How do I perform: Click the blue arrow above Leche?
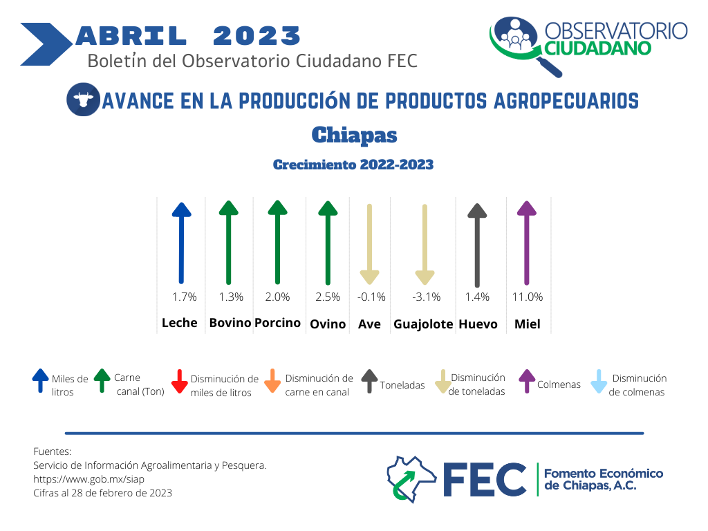(182, 243)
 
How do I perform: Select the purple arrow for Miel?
(526, 243)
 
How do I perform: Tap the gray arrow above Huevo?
(477, 245)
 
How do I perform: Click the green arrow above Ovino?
(328, 243)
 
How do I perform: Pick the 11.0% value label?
(528, 297)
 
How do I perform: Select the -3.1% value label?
(426, 297)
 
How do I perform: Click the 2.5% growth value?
(328, 297)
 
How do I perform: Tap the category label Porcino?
(277, 323)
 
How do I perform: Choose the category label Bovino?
(230, 323)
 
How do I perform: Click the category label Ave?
(369, 324)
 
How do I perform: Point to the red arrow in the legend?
(180, 382)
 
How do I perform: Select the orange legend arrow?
(272, 381)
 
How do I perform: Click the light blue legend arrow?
(599, 382)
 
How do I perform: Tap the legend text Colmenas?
(559, 384)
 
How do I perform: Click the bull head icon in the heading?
(83, 100)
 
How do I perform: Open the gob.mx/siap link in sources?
(89, 479)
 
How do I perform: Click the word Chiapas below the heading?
(355, 135)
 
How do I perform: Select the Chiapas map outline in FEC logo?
(411, 478)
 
